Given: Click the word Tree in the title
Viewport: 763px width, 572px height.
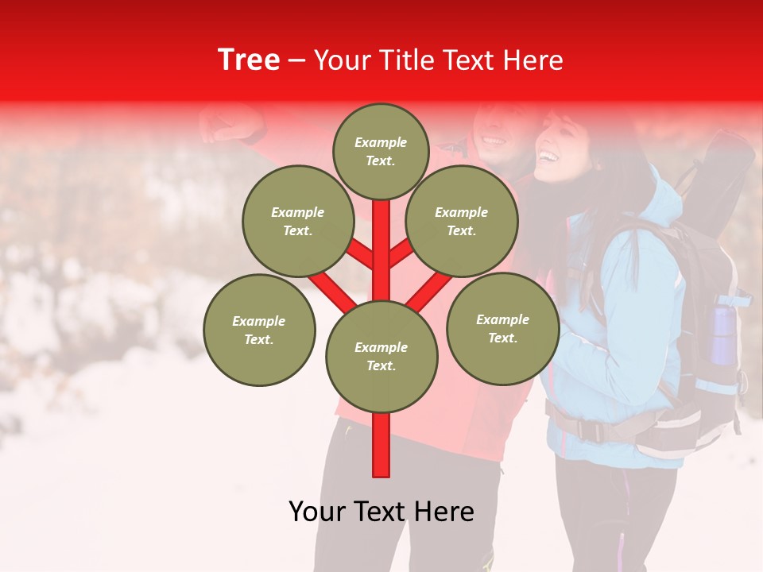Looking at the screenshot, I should pyautogui.click(x=249, y=60).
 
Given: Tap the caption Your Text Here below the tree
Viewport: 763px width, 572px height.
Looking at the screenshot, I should pyautogui.click(x=381, y=512).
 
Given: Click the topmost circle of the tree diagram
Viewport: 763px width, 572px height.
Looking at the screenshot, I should pyautogui.click(x=381, y=151).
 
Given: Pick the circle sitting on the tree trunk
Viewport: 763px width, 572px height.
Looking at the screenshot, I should pyautogui.click(x=381, y=357).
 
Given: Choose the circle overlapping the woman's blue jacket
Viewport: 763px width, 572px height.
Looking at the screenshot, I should pyautogui.click(x=502, y=328).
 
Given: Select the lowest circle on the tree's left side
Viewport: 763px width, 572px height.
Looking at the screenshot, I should pyautogui.click(x=259, y=330).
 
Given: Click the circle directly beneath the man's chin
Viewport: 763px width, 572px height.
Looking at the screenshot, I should pyautogui.click(x=461, y=221).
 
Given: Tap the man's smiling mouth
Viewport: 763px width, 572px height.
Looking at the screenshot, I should pyautogui.click(x=493, y=141).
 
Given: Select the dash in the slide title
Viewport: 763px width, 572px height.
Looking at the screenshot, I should pyautogui.click(x=296, y=60).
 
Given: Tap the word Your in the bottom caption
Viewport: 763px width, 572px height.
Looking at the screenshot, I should pyautogui.click(x=318, y=512).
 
